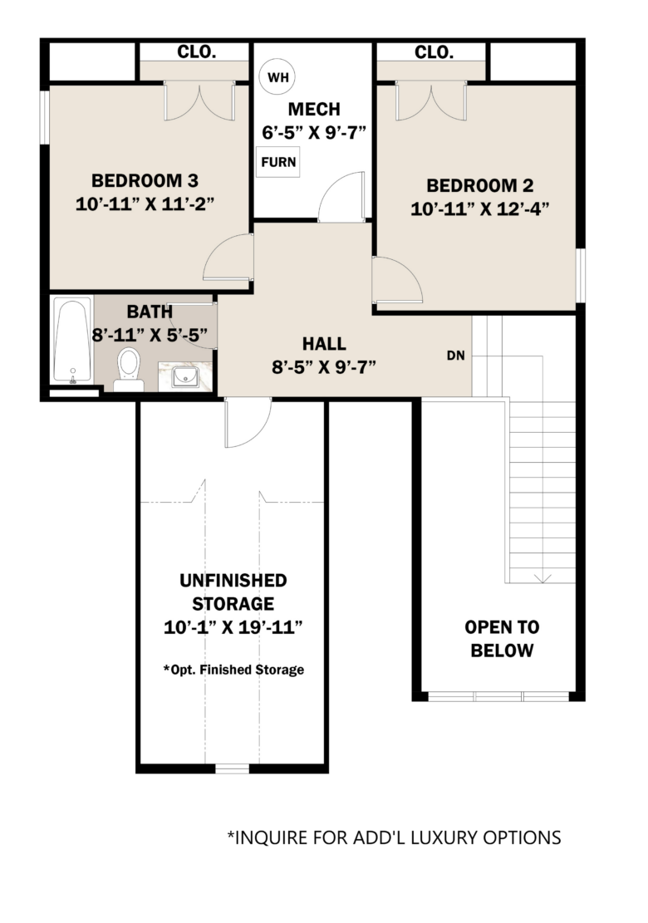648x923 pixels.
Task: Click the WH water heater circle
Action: pyautogui.click(x=277, y=77)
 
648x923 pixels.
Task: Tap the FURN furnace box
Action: pyautogui.click(x=277, y=162)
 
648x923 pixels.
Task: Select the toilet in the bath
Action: pyautogui.click(x=129, y=370)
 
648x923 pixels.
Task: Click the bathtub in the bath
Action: pyautogui.click(x=72, y=341)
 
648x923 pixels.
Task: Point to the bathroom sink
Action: pyautogui.click(x=185, y=376)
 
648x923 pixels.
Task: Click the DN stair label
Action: pyautogui.click(x=456, y=356)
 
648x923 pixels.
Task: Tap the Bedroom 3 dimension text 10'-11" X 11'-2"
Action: pyautogui.click(x=145, y=204)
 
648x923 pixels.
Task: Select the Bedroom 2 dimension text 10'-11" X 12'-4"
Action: pyautogui.click(x=479, y=209)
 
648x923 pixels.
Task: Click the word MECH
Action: pyautogui.click(x=314, y=110)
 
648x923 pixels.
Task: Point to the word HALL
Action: pyautogui.click(x=324, y=344)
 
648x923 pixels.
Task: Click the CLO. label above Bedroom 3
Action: pyautogui.click(x=197, y=52)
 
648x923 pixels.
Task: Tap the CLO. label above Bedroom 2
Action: pyautogui.click(x=434, y=52)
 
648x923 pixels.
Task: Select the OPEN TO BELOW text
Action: pyautogui.click(x=502, y=639)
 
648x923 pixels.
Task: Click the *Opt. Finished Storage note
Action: pyautogui.click(x=233, y=670)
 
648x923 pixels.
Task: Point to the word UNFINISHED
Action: pyautogui.click(x=233, y=581)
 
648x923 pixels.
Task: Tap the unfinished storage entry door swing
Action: pyautogui.click(x=248, y=422)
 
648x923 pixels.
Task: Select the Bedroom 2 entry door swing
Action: pyautogui.click(x=397, y=280)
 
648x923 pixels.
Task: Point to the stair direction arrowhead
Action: pyautogui.click(x=542, y=578)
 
